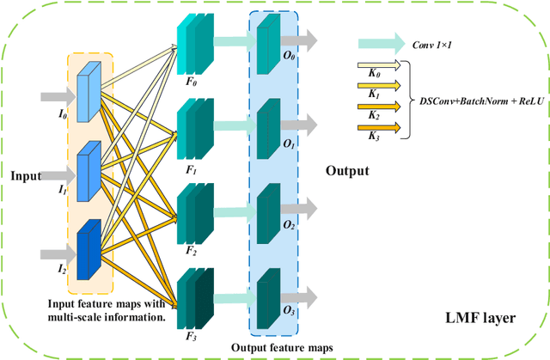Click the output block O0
coord(269,41)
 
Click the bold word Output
coord(347,171)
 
